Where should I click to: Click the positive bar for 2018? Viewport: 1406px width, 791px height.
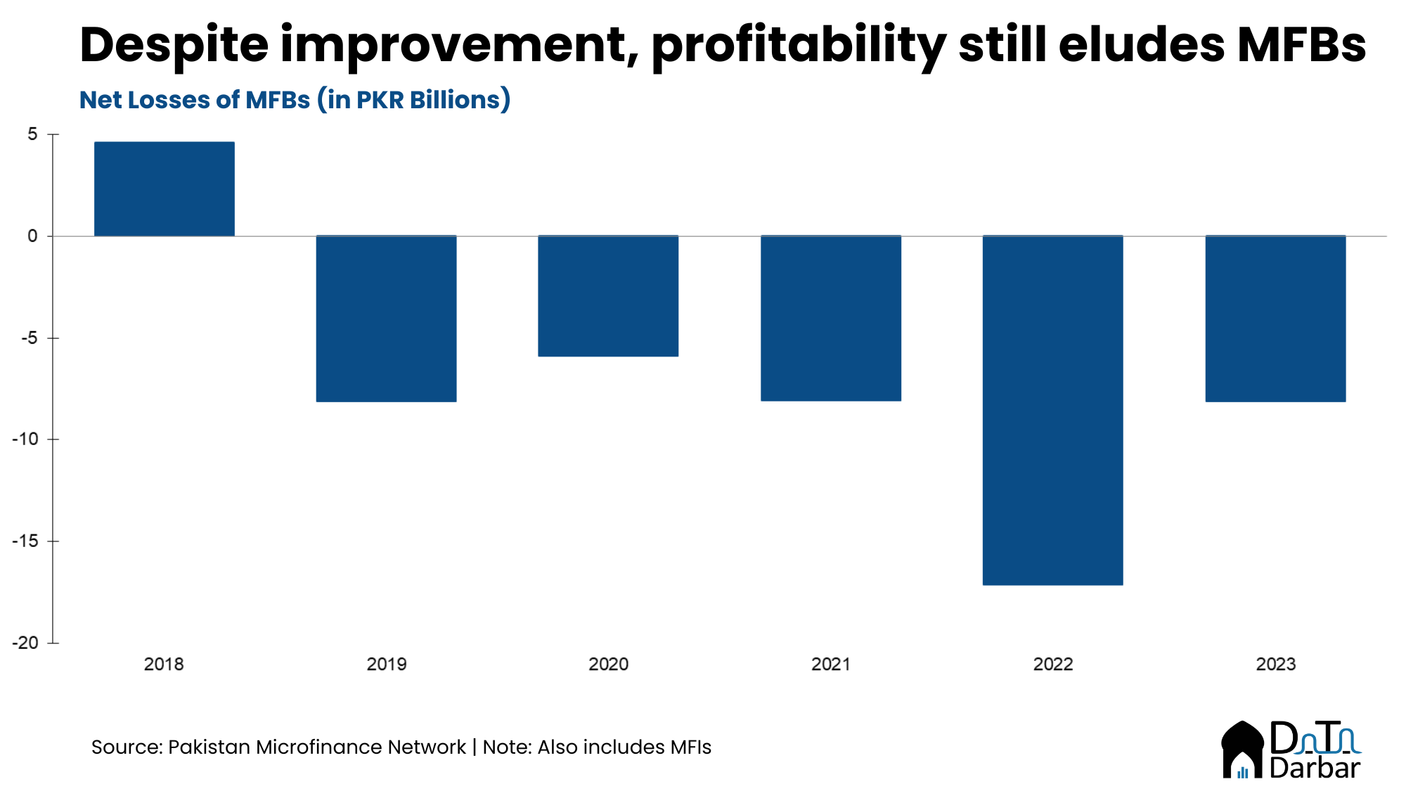[164, 188]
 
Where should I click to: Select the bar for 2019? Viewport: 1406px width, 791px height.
[386, 319]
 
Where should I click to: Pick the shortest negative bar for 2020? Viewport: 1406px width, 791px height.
[608, 296]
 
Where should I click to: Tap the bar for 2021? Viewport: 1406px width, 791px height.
[830, 318]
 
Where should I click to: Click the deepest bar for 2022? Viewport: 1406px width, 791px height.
[1052, 410]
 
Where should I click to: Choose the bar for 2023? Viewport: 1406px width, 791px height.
[1275, 319]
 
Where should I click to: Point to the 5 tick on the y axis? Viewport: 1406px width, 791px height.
[33, 134]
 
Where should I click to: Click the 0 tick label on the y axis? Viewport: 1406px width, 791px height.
[32, 236]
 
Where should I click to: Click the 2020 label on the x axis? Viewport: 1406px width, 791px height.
[608, 664]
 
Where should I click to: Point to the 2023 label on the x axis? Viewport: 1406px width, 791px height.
[1275, 664]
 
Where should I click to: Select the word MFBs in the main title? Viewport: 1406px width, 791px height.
[1301, 46]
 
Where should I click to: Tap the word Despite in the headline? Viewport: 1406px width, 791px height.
[174, 46]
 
